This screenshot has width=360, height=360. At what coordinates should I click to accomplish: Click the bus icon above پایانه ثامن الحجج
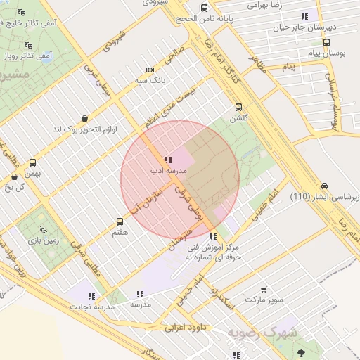tap(204, 8)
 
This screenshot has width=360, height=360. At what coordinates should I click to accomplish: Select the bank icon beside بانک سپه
tap(149, 70)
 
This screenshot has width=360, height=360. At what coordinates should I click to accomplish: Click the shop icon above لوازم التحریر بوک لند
tap(86, 118)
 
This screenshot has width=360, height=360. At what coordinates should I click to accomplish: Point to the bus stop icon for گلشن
tap(239, 108)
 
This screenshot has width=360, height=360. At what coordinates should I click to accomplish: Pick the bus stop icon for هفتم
tap(120, 221)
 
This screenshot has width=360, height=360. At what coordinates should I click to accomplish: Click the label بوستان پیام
tap(325, 53)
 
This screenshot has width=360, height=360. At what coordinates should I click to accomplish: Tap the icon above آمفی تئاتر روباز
tap(28, 43)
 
